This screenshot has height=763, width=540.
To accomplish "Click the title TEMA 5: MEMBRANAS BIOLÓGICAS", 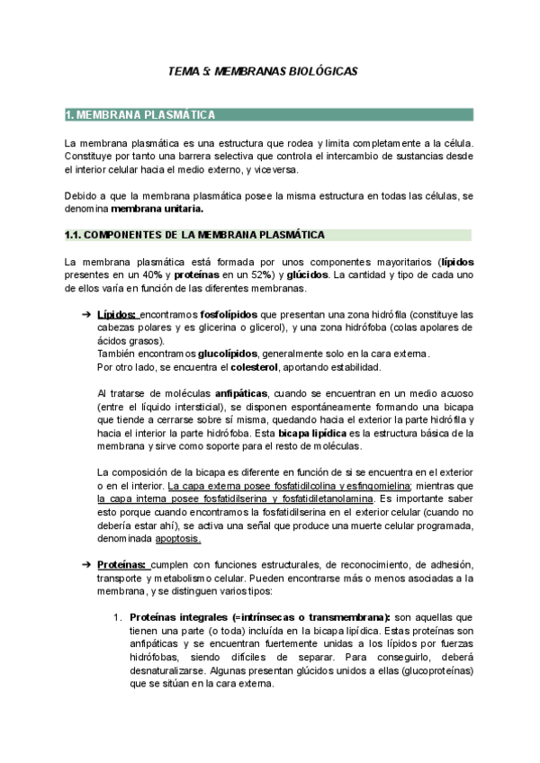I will click(270, 69).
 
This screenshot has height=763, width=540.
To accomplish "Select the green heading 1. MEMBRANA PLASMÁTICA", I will click(139, 115).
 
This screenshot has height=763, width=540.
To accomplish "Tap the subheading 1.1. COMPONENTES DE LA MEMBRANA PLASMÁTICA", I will click(194, 235).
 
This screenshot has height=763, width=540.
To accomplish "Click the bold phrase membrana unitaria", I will click(157, 209).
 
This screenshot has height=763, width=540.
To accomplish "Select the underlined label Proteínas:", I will click(122, 564).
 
